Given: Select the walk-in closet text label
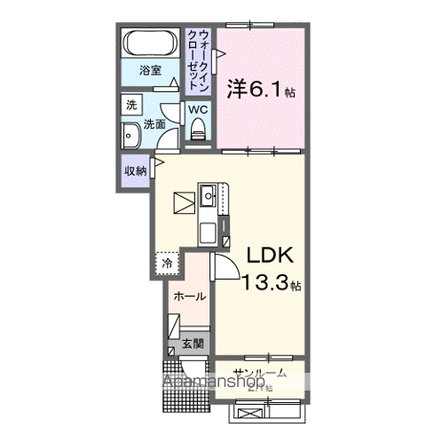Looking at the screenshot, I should click(199, 58).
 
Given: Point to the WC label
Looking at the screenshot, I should click(198, 109).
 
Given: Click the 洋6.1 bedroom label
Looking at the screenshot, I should click(261, 89).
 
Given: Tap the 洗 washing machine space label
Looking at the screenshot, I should click(131, 105).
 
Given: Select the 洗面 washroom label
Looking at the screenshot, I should click(156, 124).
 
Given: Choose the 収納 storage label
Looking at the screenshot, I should click(135, 170).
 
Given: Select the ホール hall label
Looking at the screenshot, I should click(189, 296).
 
